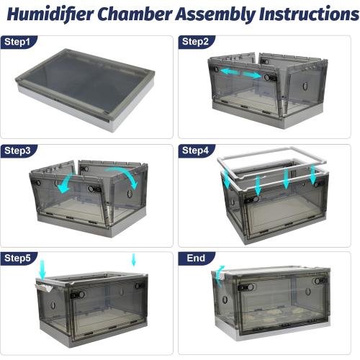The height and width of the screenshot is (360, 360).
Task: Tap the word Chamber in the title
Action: click(x=135, y=14)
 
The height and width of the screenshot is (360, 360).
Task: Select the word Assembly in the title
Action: click(x=215, y=14)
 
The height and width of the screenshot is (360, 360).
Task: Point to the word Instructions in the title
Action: click(x=309, y=14)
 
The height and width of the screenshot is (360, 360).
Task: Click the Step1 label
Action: click(x=17, y=42)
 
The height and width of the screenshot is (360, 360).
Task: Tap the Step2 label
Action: click(x=195, y=42)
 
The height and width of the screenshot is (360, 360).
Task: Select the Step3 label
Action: click(x=17, y=150)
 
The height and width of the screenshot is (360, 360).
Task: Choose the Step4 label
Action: click(x=195, y=150)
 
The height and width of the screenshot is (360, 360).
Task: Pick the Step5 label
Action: click(x=17, y=258)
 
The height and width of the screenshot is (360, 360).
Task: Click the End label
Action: click(x=196, y=258)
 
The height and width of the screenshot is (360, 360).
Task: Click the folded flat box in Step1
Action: click(x=85, y=89)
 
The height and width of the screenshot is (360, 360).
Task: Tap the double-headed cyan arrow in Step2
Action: click(x=240, y=73)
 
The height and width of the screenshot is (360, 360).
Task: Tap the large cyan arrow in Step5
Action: click(x=42, y=270)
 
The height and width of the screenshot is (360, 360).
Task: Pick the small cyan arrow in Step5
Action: click(x=134, y=260)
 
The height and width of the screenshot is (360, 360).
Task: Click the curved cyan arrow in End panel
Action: click(x=219, y=276)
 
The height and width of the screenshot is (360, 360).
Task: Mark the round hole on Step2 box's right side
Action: click(x=305, y=86)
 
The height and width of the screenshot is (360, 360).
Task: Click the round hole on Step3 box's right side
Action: click(x=130, y=194)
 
